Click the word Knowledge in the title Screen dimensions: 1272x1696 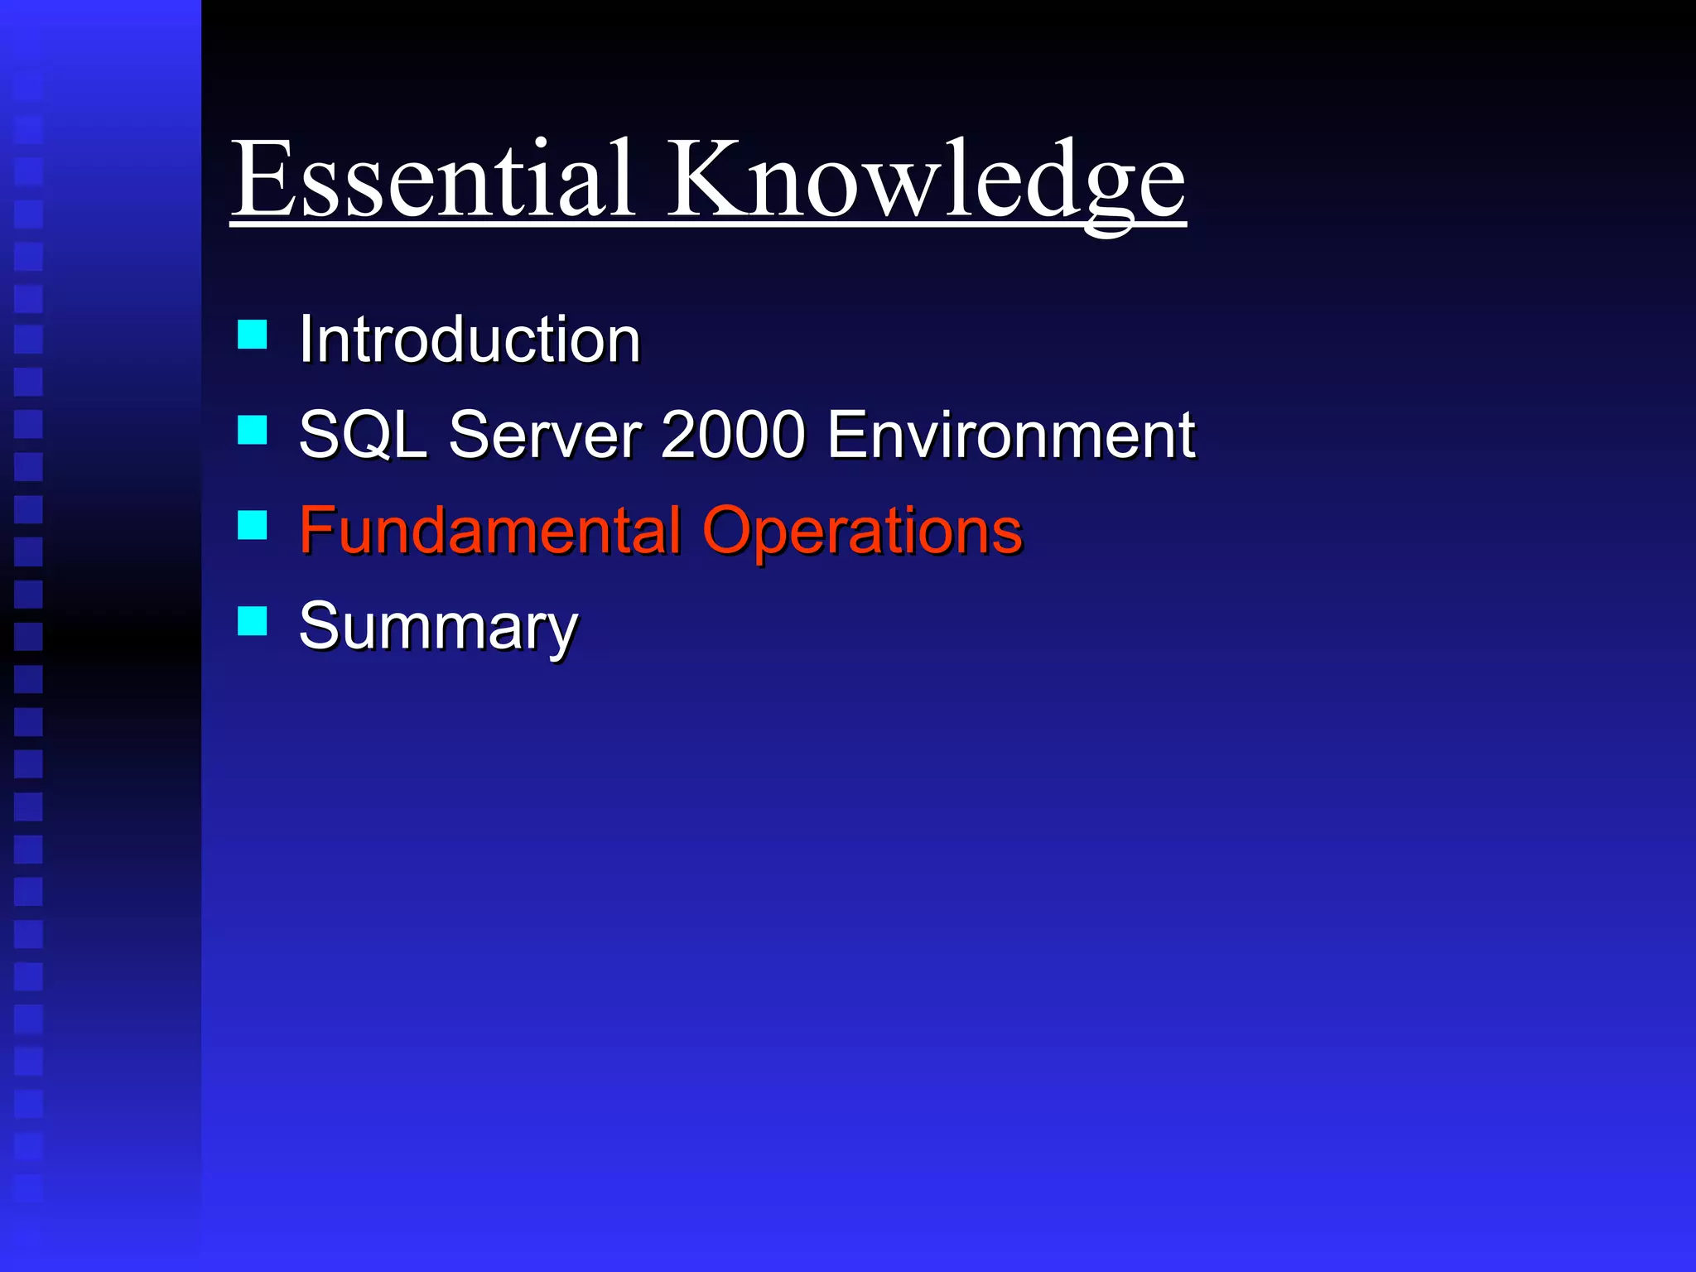pos(926,181)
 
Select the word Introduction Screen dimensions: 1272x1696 pos(470,340)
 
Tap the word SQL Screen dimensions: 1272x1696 pos(362,435)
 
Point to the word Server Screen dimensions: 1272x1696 pos(545,435)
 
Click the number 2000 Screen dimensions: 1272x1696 pos(733,435)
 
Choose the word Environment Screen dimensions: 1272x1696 pos(1010,435)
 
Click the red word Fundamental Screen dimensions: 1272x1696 pos(489,530)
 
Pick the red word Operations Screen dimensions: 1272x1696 pos(862,530)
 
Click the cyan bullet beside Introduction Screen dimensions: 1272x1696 pos(252,335)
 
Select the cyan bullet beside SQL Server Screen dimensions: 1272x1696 pos(252,431)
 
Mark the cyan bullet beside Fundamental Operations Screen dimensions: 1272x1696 pos(252,525)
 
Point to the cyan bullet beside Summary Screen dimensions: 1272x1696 pos(252,620)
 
